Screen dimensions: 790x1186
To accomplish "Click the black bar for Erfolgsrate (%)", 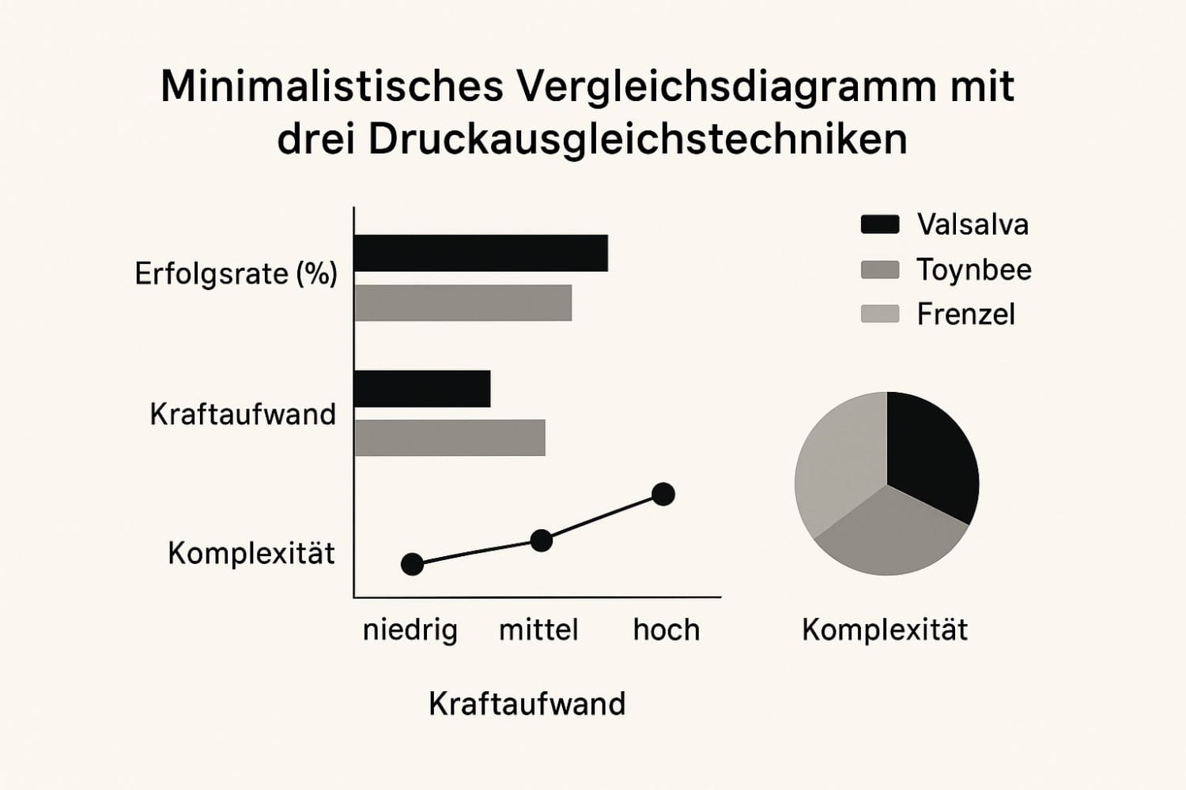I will pyautogui.click(x=481, y=254).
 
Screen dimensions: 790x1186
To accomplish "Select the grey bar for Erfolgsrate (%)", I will pyautogui.click(x=463, y=303).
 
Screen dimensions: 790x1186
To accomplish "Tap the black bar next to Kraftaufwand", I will pyautogui.click(x=422, y=389).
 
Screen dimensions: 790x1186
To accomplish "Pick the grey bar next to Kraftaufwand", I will pyautogui.click(x=450, y=438).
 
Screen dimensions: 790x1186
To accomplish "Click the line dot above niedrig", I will pyautogui.click(x=412, y=564).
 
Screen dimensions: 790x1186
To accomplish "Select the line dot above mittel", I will pyautogui.click(x=541, y=540).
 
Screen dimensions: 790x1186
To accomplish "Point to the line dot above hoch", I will pyautogui.click(x=663, y=495).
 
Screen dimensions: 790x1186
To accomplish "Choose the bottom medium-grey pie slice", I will pyautogui.click(x=889, y=537).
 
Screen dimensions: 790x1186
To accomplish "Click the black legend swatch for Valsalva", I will pyautogui.click(x=879, y=224).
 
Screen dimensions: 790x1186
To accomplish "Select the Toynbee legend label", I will pyautogui.click(x=974, y=270).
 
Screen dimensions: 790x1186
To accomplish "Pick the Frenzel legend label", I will pyautogui.click(x=965, y=314).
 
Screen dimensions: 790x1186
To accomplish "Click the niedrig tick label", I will pyautogui.click(x=410, y=630).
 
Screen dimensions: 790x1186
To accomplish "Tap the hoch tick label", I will pyautogui.click(x=667, y=630).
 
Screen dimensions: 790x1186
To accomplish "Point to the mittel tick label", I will pyautogui.click(x=538, y=630).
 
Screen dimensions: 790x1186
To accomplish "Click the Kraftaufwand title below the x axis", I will pyautogui.click(x=527, y=704).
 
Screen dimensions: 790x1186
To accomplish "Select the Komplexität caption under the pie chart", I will pyautogui.click(x=884, y=630).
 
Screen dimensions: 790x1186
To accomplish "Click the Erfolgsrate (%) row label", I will pyautogui.click(x=236, y=274).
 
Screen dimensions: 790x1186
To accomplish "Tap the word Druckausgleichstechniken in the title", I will pyautogui.click(x=637, y=140).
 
